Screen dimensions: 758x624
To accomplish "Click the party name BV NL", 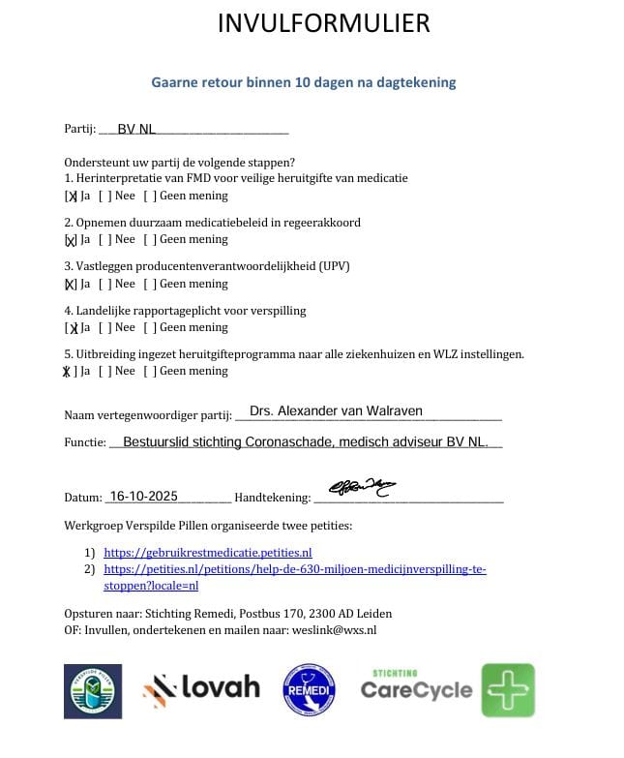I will point(135,130).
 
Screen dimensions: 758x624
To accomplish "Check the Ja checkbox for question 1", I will point(71,196).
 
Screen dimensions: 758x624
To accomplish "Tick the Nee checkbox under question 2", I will point(104,240).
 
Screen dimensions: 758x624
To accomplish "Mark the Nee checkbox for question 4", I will point(104,327).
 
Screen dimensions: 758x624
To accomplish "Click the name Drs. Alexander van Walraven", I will point(336,411).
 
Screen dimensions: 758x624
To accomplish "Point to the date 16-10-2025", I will point(143,496).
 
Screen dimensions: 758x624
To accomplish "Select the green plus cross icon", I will point(508,690).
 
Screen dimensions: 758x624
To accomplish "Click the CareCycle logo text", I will point(416,689).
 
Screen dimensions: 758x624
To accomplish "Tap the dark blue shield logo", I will point(93,690).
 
